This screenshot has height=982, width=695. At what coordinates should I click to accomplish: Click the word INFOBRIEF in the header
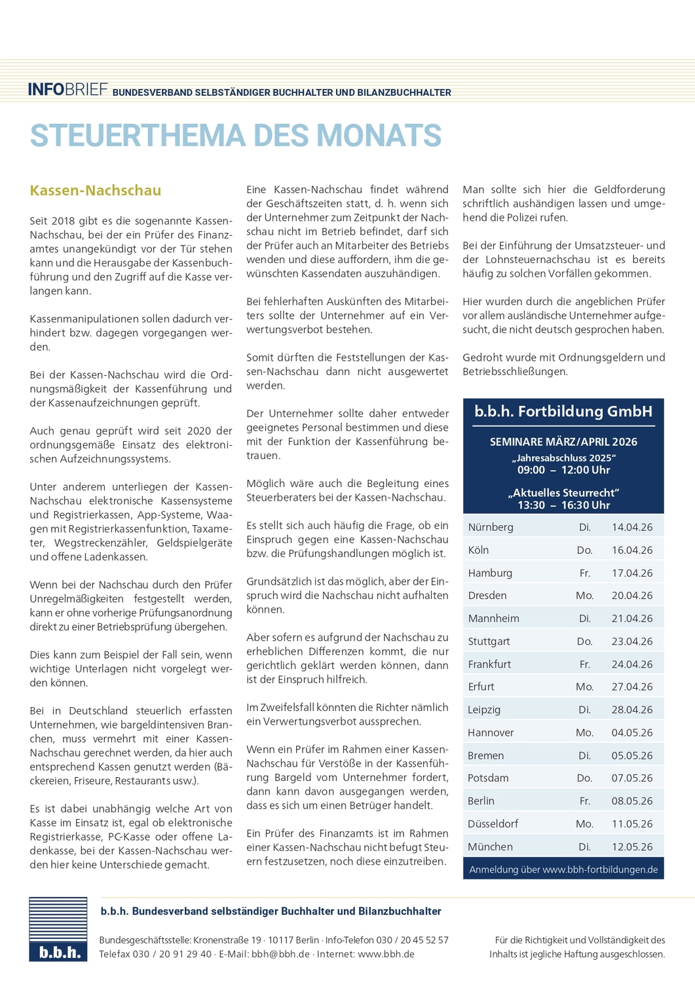pos(67,90)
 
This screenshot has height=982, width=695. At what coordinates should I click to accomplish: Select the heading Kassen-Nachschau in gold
pos(96,191)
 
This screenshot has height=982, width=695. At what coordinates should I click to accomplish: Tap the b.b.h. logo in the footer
pos(58,929)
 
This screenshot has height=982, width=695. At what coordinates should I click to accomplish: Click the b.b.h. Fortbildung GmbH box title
pos(563,411)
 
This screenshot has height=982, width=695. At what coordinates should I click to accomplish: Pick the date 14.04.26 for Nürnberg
pos(631,527)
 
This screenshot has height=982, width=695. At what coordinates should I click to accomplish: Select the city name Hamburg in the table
pos(490,573)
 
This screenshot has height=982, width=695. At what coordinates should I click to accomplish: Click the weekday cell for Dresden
pos(584,596)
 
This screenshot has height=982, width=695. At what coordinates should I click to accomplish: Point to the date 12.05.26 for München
pos(631,846)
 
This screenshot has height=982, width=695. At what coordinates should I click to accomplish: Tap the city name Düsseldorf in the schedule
pos(493,824)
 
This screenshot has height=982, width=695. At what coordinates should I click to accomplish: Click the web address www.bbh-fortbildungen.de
pos(599,869)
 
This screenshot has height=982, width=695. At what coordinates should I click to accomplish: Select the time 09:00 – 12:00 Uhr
pos(563,470)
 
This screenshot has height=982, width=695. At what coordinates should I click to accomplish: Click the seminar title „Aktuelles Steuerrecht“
pos(563,492)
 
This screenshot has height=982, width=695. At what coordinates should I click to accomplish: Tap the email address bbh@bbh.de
pos(280,954)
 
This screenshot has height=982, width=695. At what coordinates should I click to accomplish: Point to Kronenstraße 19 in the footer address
pos(227,940)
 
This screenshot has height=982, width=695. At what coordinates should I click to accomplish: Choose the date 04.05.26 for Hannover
pos(631,733)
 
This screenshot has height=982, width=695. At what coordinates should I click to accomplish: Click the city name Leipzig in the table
pos(484,710)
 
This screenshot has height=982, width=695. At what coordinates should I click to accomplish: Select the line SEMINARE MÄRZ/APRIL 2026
pos(563,442)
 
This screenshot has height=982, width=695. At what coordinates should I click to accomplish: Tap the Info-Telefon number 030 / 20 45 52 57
pos(413,940)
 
